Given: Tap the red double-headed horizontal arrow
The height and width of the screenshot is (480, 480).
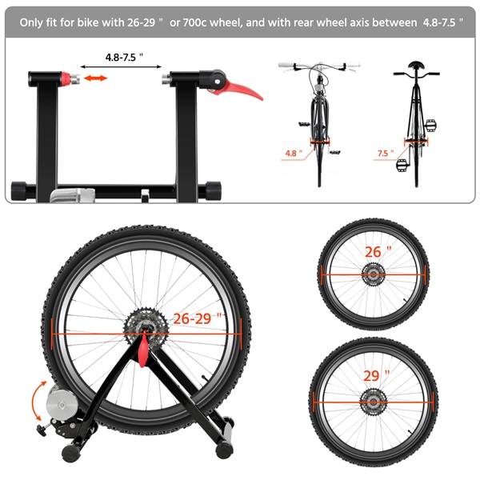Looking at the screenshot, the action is pos(95,78).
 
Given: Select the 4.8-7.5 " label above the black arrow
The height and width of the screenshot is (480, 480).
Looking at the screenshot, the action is pos(124,58).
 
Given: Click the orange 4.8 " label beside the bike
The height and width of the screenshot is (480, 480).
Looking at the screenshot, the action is pos(294,153).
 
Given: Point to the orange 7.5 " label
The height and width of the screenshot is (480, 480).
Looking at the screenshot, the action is pos(386,153).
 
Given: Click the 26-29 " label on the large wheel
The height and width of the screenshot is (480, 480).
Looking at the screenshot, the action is pos(198,318).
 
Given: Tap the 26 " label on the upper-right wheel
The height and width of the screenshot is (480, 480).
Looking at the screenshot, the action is pos(378,252).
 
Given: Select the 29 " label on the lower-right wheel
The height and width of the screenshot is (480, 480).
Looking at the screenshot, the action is pos(377,375).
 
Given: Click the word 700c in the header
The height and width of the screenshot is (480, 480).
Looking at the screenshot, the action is pos(194,22).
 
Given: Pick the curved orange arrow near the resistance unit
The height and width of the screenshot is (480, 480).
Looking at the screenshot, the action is pos(36,401).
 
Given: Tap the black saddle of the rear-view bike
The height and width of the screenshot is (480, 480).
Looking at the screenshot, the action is pos(416,65).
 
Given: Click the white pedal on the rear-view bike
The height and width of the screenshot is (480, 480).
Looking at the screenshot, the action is pos(402,166).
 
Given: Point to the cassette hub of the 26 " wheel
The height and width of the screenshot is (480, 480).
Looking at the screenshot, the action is pos(373,274).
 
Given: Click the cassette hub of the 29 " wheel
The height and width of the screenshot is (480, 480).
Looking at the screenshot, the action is pos(373,402).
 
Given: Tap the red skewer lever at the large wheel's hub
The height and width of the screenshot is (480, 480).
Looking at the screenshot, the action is pos(143,350).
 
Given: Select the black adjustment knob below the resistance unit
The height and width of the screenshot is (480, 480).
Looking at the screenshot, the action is pos(42,430).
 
